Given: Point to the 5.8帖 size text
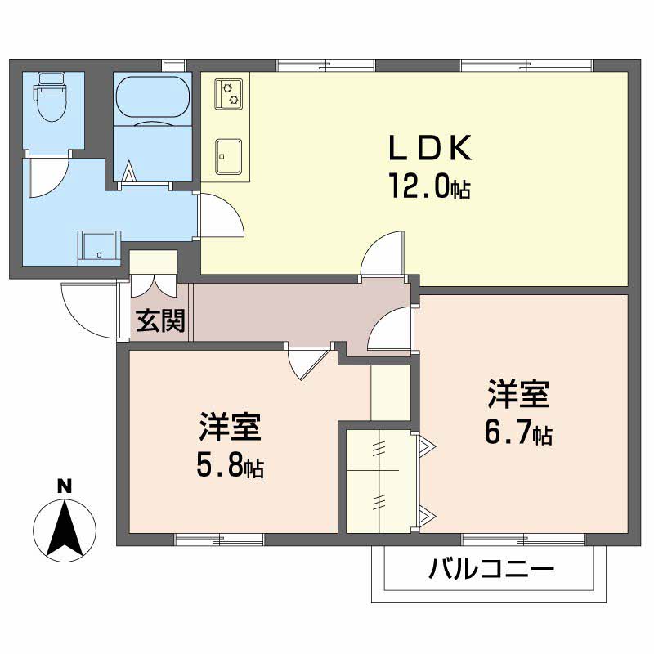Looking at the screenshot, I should [229, 466].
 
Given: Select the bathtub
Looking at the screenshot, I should [152, 100].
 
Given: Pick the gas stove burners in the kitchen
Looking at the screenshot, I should [229, 93].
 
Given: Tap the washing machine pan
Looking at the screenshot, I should [99, 245].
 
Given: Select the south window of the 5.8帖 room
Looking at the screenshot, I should [219, 539].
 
